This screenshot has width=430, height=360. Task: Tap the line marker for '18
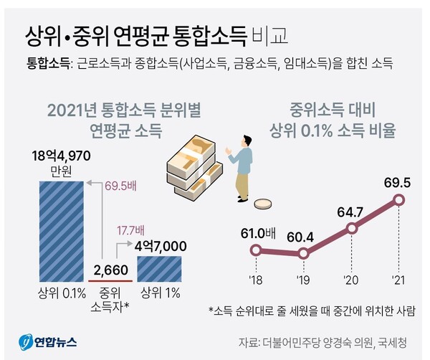(255, 250)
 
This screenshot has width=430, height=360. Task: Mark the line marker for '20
(351, 229)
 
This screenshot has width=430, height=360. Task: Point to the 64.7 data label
(350, 212)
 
